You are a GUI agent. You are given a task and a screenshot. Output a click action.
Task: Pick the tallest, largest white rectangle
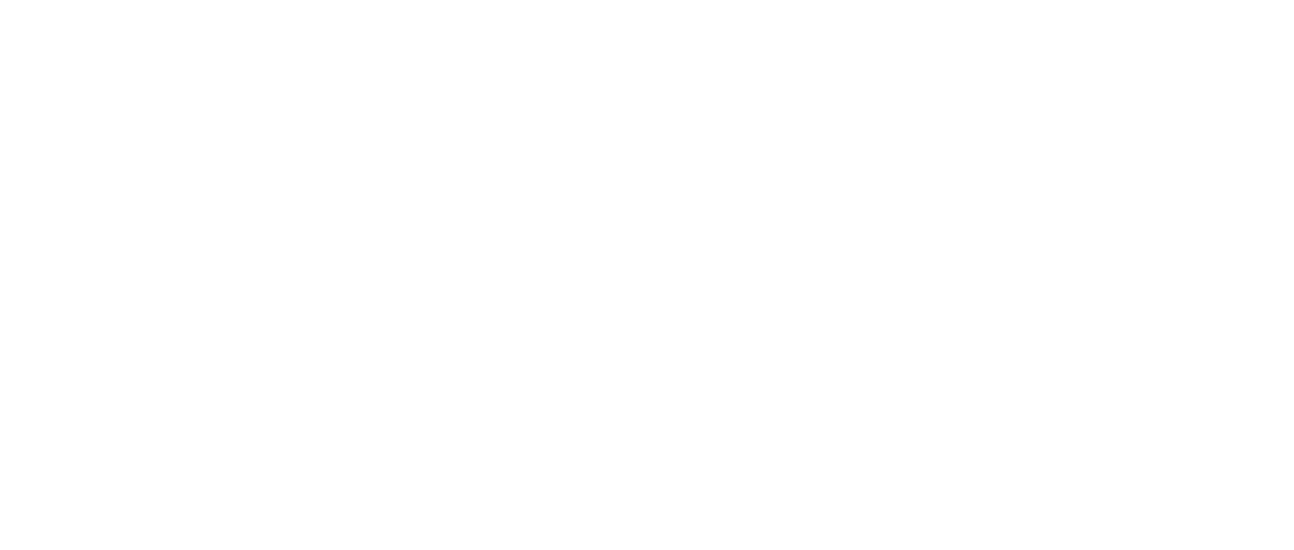(578, 440)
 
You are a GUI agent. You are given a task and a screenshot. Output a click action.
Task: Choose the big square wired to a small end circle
(1146, 458)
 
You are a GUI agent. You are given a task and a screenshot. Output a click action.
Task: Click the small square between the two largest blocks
(912, 496)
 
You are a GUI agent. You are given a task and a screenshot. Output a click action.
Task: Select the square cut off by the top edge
(1062, 23)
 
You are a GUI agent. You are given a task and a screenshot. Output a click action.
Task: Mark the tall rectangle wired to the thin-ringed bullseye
(943, 70)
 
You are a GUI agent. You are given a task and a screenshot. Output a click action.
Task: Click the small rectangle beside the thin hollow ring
(1067, 112)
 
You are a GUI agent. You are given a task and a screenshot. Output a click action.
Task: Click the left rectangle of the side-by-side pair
(68, 183)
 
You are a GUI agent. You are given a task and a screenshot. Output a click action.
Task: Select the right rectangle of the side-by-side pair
(281, 183)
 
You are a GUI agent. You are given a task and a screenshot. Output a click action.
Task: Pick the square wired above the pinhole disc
(75, 335)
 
